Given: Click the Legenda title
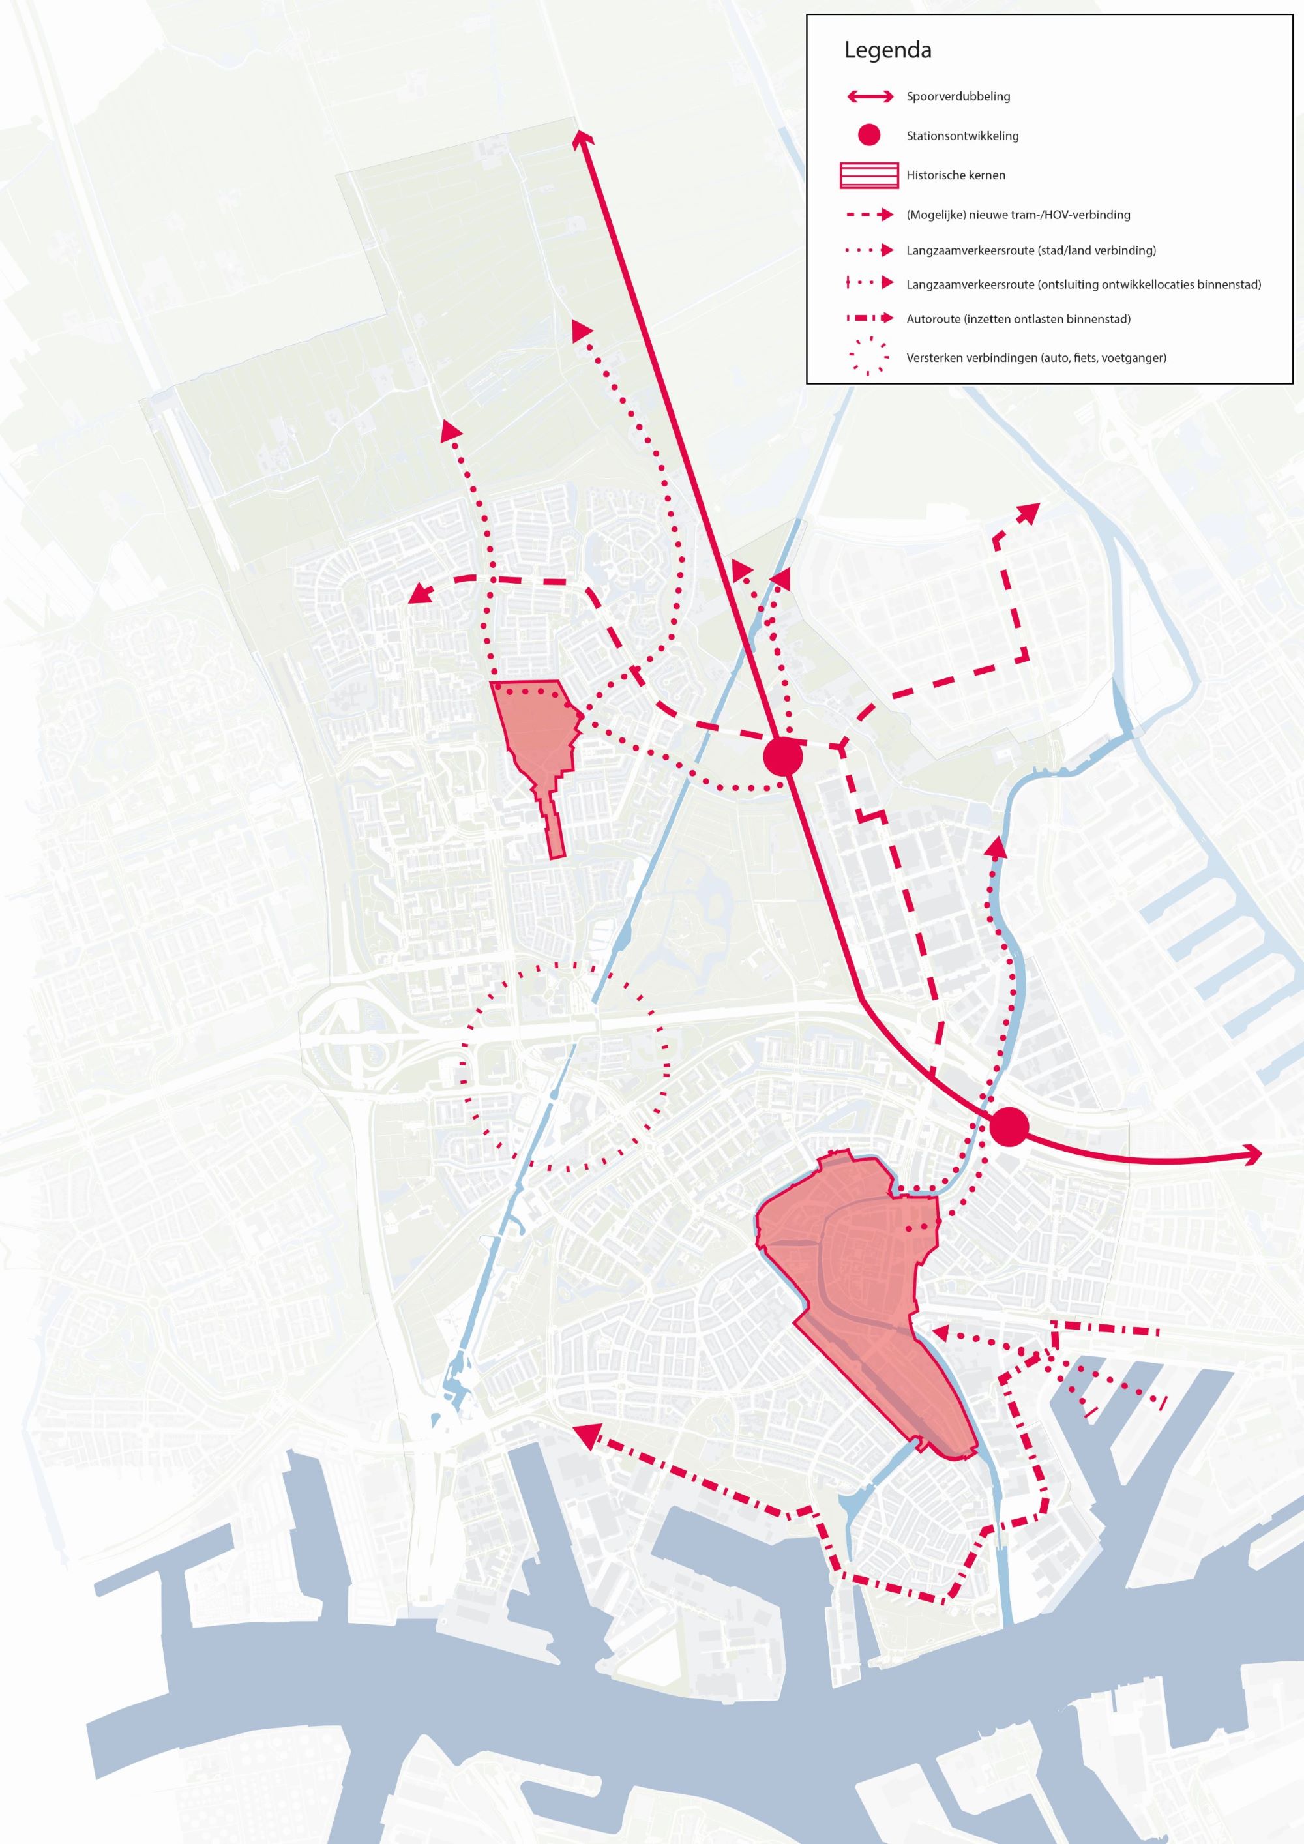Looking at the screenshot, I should pos(887,51).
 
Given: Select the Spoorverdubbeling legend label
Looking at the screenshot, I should pos(958,97).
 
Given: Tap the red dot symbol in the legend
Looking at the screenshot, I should pos(869,136).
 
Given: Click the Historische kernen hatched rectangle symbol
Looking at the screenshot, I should pos(869,175).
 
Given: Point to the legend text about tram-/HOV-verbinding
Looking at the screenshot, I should pos(1018,215).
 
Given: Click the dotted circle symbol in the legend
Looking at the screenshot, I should pos(869,357).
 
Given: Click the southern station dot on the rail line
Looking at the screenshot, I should pos(1009,1127).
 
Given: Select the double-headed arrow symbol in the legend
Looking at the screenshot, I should pos(869,97).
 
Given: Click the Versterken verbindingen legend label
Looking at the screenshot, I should pos(1036,357).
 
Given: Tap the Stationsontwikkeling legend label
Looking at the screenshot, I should pos(962,136).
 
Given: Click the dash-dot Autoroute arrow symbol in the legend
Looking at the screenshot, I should pos(869,319).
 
